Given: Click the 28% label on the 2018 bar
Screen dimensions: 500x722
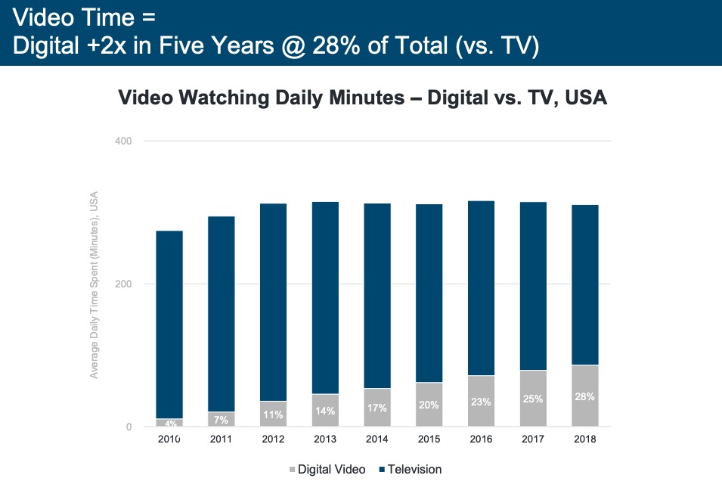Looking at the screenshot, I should [x=584, y=396].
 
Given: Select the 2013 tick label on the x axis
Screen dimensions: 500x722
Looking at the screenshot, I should [x=325, y=439].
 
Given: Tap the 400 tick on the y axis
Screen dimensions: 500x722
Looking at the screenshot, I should [x=123, y=141].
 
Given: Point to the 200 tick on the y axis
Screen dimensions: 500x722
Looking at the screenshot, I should [x=123, y=284].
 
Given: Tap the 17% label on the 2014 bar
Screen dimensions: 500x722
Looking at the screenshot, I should [x=377, y=408].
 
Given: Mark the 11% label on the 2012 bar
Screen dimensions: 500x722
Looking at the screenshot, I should [x=274, y=415].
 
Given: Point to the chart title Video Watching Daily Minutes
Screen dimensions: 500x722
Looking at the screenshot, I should [x=362, y=98].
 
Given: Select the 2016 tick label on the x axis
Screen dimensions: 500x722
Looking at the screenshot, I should [x=480, y=439].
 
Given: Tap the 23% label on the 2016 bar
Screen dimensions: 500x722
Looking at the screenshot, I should [x=481, y=402].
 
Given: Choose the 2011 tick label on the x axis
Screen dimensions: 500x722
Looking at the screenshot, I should [x=222, y=439].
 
